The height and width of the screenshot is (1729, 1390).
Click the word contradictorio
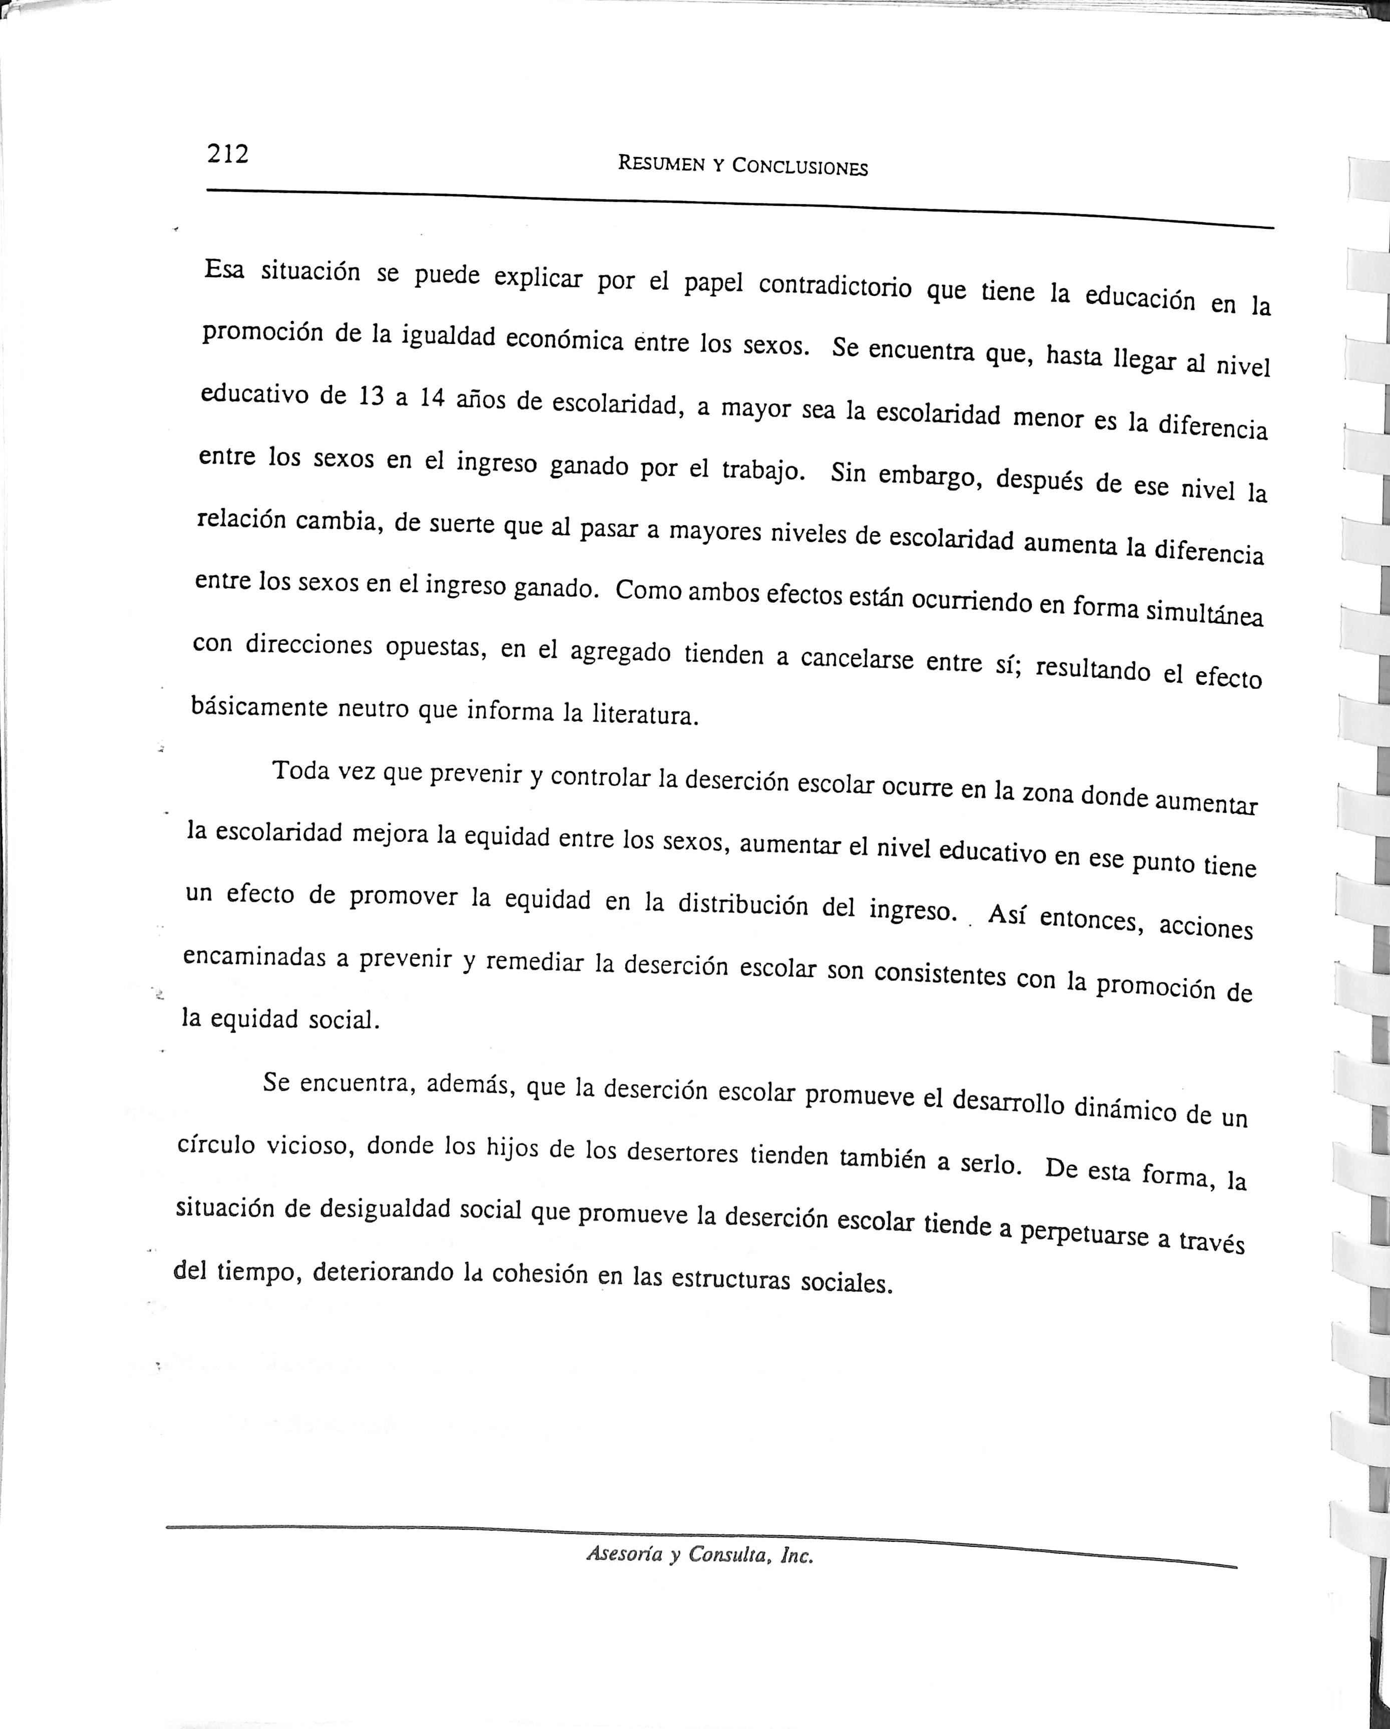tap(834, 286)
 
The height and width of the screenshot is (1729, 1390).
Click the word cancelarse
tap(858, 658)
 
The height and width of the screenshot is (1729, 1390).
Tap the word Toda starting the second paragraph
tap(299, 771)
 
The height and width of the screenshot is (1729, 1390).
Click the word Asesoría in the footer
tap(624, 1553)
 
